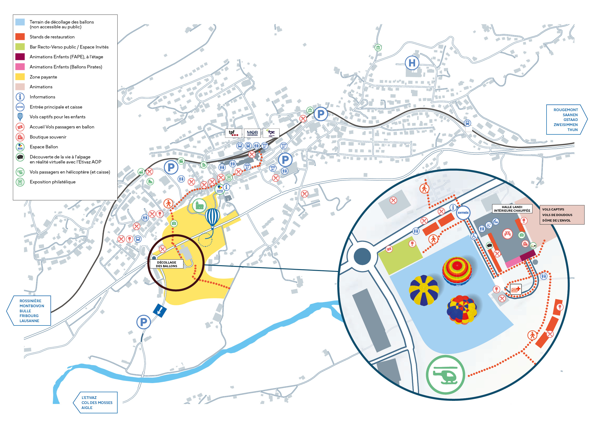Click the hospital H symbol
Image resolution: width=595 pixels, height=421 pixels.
(x=412, y=63)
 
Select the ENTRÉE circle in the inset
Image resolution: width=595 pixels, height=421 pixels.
(x=463, y=213)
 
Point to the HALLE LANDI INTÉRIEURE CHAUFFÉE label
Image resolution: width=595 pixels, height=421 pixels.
(x=512, y=209)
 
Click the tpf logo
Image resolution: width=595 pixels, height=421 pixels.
(x=233, y=133)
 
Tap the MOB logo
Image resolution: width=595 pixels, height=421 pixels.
(x=252, y=133)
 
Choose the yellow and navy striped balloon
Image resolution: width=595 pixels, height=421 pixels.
(x=424, y=290)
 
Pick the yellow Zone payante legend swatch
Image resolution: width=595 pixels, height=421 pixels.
(x=20, y=77)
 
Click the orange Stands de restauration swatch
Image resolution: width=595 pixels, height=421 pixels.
(x=20, y=36)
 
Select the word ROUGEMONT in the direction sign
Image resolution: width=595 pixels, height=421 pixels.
(x=565, y=110)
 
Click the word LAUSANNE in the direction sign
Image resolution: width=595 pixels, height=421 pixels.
(x=29, y=321)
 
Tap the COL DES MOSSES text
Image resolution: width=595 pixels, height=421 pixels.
(x=97, y=403)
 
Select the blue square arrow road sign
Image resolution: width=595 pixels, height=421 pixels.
(x=160, y=310)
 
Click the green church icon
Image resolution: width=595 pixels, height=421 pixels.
(x=199, y=205)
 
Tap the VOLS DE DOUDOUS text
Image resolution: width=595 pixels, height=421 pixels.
(x=557, y=215)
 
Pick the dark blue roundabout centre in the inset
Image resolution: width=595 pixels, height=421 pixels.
(x=362, y=256)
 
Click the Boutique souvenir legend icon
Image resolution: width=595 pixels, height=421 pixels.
(x=20, y=137)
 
